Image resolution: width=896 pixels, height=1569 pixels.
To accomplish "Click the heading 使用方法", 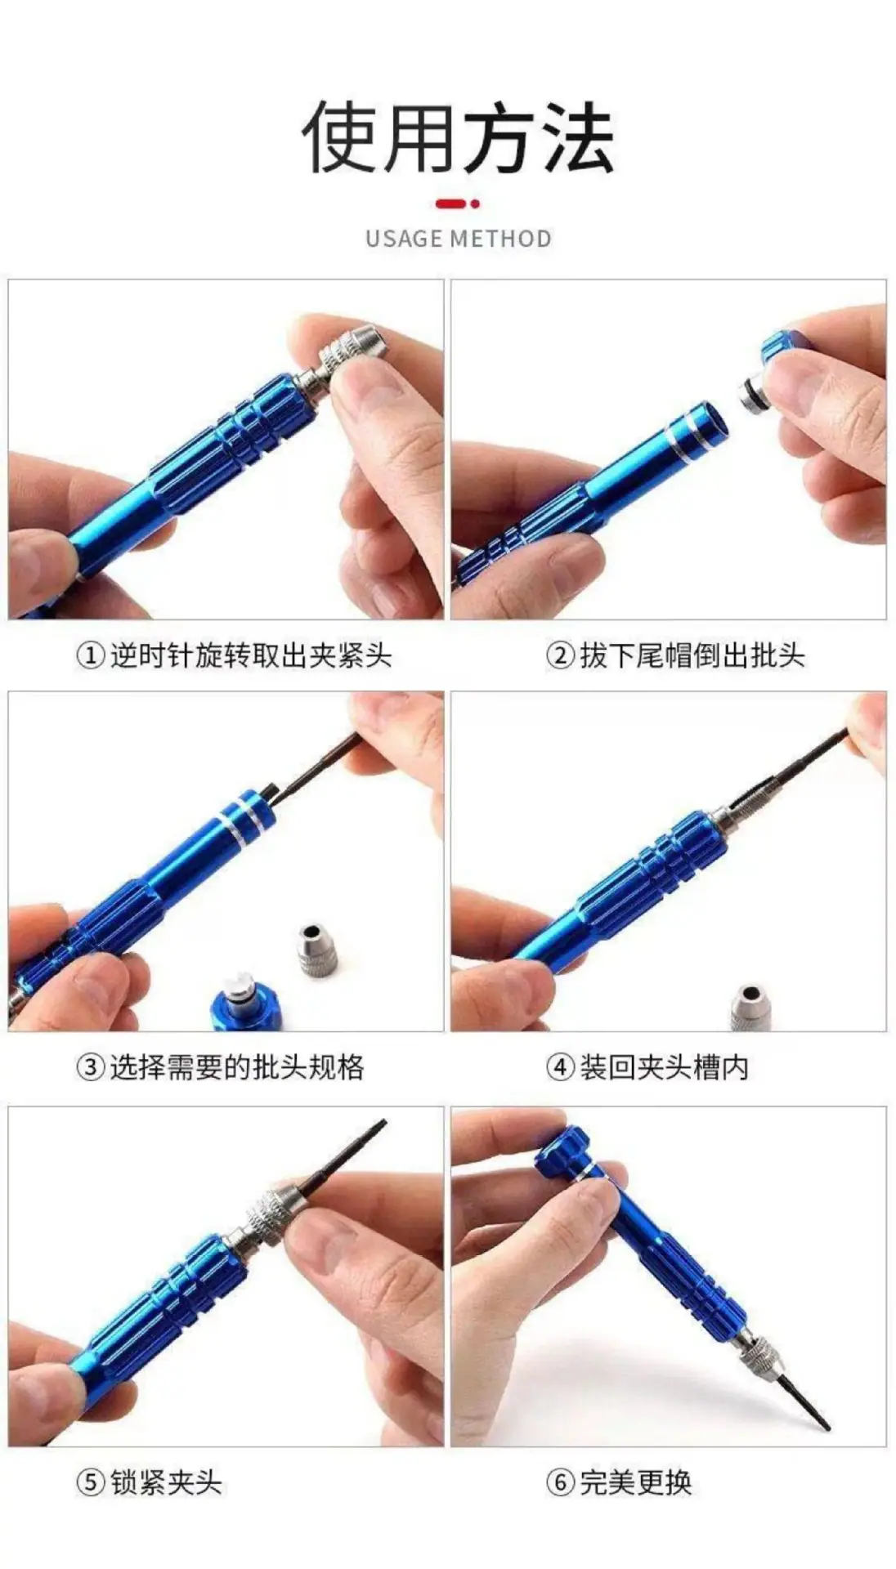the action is (458, 137).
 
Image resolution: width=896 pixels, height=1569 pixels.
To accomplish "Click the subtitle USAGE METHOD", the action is (458, 239).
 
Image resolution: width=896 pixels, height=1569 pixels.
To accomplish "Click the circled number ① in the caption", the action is (91, 655).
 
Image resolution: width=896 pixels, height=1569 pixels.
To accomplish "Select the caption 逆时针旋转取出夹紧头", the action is (251, 655).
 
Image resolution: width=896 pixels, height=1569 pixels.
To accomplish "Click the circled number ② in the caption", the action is (561, 655).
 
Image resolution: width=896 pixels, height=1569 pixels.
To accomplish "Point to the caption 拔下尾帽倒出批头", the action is (692, 655).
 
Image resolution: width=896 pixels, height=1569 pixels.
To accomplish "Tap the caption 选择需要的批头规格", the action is (237, 1067).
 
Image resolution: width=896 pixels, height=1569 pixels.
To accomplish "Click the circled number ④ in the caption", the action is (561, 1067).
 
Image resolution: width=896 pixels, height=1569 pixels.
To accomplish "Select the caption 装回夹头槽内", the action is (664, 1067).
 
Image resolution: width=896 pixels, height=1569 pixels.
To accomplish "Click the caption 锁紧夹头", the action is (166, 1482).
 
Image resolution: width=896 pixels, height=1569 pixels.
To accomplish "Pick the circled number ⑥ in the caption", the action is (561, 1482).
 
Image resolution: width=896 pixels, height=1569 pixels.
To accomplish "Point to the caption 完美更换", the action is (636, 1482).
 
